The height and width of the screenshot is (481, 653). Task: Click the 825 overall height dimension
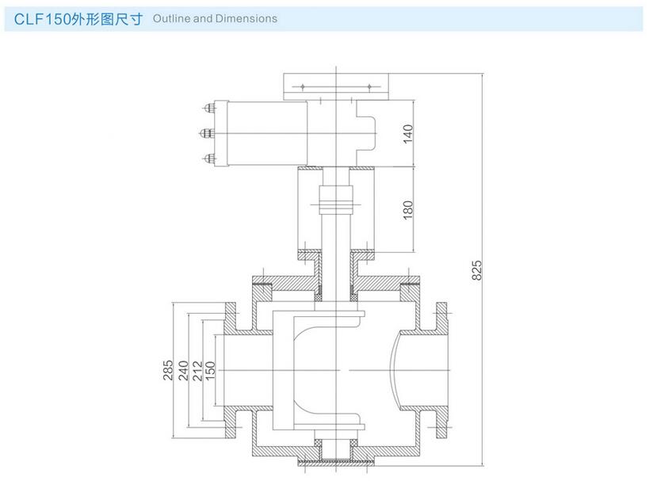pyautogui.click(x=476, y=269)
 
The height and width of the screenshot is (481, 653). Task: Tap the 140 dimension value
pyautogui.click(x=408, y=133)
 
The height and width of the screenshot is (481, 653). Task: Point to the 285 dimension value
pyautogui.click(x=169, y=370)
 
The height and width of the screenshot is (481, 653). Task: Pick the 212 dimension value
pyautogui.click(x=197, y=370)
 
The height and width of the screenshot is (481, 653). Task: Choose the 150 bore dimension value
pyautogui.click(x=211, y=370)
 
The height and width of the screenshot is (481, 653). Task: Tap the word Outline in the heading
pyautogui.click(x=170, y=18)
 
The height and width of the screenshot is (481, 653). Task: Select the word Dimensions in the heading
pyautogui.click(x=247, y=18)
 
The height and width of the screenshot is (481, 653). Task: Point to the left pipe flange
pyautogui.click(x=231, y=369)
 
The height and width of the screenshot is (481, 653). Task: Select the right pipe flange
pyautogui.click(x=441, y=369)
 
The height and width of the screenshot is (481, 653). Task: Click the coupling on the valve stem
pyautogui.click(x=336, y=201)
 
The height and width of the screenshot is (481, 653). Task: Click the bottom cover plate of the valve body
pyautogui.click(x=337, y=460)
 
